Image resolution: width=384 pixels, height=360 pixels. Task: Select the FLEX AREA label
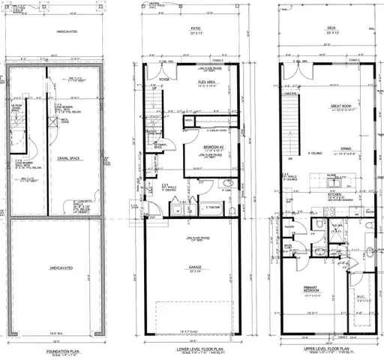point(208,82)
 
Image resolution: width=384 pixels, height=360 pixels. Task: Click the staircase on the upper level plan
point(292,127)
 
